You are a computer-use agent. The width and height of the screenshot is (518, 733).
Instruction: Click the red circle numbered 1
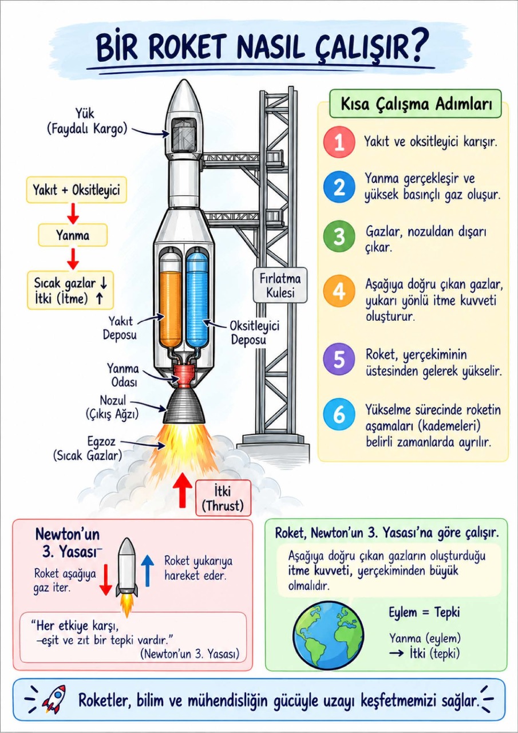(x=339, y=142)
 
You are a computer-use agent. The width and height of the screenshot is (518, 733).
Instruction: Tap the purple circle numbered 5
(x=339, y=358)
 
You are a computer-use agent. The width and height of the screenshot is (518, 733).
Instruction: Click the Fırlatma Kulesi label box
(x=280, y=285)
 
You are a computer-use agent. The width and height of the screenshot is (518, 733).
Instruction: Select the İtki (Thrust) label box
(x=223, y=498)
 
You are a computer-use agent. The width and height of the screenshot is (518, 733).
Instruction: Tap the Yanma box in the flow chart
(x=73, y=235)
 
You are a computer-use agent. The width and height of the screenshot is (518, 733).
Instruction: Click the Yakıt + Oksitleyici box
(x=77, y=190)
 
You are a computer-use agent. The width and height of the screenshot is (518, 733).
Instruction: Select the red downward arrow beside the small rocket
(x=106, y=580)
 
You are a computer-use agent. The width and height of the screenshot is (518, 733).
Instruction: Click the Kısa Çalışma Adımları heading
(x=416, y=104)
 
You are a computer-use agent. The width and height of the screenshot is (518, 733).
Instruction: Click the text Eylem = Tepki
(x=424, y=612)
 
